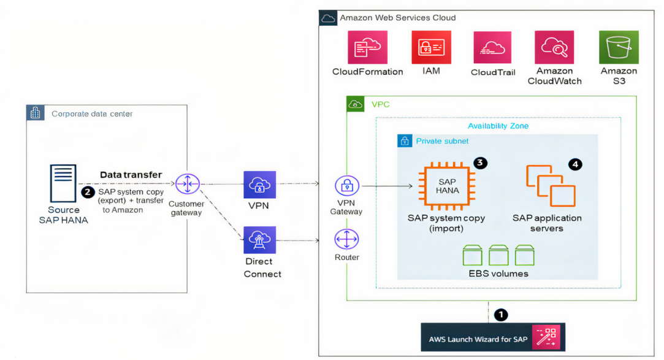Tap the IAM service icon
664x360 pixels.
(432, 47)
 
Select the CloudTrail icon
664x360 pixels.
(492, 48)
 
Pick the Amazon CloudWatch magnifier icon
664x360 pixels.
(554, 47)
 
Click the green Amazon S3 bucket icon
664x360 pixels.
(619, 47)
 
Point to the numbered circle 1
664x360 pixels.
(501, 315)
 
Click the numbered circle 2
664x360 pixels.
(88, 192)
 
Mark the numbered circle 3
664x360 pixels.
(481, 163)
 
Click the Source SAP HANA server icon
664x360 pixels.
(64, 183)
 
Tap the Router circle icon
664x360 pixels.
(346, 239)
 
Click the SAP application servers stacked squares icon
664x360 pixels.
(551, 185)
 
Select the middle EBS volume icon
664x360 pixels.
(499, 255)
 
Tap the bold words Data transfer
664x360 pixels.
(131, 175)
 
